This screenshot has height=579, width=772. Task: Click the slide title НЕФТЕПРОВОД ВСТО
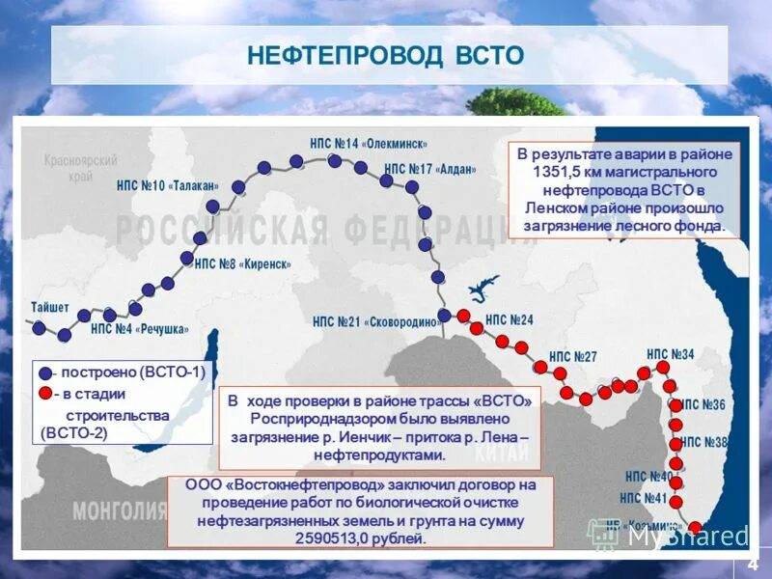tap(385, 54)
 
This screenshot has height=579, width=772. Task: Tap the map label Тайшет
tap(50, 307)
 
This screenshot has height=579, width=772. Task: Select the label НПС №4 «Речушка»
tap(140, 329)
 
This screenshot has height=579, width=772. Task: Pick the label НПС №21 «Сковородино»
tap(374, 322)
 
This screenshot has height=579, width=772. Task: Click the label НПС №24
tap(510, 319)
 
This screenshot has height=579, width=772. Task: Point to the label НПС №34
tap(671, 354)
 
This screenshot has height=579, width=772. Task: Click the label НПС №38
tap(703, 442)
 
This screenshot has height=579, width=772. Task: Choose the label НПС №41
tap(645, 498)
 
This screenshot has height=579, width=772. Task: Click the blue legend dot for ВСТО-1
tap(45, 373)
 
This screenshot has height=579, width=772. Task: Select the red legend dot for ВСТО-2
tap(45, 394)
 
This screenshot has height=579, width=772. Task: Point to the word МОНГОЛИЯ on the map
tap(106, 510)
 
